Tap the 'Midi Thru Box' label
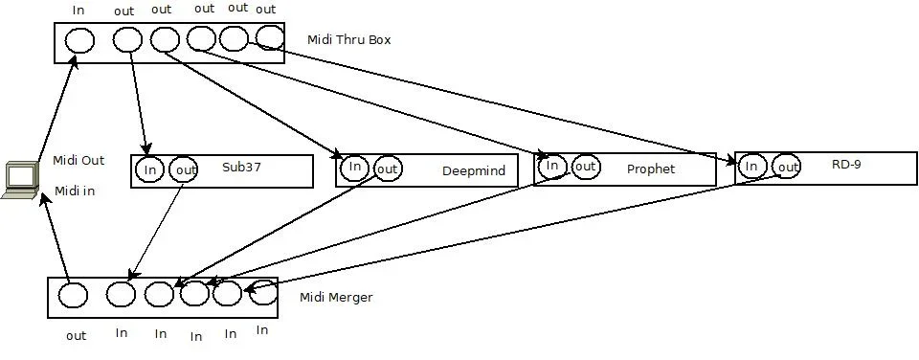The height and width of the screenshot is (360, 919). pyautogui.click(x=348, y=40)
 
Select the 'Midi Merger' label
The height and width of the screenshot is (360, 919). pyautogui.click(x=336, y=298)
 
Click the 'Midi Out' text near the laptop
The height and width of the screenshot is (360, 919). pyautogui.click(x=78, y=161)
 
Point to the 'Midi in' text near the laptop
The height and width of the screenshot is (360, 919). pyautogui.click(x=75, y=191)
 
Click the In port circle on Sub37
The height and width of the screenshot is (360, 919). pyautogui.click(x=149, y=170)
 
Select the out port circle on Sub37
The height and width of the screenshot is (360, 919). pyautogui.click(x=184, y=170)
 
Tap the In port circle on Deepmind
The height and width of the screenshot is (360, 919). pyautogui.click(x=354, y=169)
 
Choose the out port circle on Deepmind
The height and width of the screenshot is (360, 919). pyautogui.click(x=387, y=169)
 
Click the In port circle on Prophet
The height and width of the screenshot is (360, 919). pyautogui.click(x=551, y=166)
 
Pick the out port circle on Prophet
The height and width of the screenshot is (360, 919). pyautogui.click(x=585, y=167)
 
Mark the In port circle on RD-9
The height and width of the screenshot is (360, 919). pyautogui.click(x=751, y=167)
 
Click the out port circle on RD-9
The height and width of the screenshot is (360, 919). pyautogui.click(x=786, y=167)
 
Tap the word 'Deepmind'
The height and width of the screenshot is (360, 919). pyautogui.click(x=466, y=171)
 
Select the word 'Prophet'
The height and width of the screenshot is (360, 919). pyautogui.click(x=651, y=169)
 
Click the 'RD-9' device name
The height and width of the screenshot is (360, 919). pyautogui.click(x=846, y=165)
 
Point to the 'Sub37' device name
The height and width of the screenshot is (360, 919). pyautogui.click(x=241, y=167)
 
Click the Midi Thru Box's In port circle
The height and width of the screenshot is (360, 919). pyautogui.click(x=79, y=40)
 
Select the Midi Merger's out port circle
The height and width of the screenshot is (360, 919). pyautogui.click(x=73, y=295)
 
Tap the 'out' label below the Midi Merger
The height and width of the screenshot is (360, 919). pyautogui.click(x=77, y=336)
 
